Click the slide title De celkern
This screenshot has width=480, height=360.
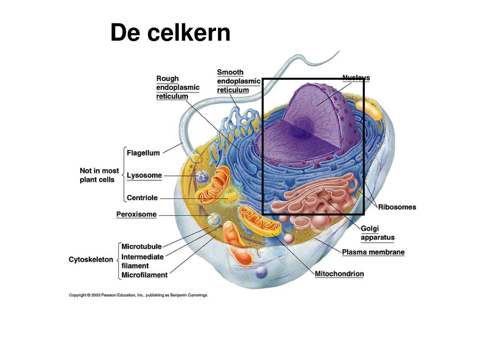tap(170, 33)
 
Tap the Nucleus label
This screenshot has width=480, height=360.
tap(356, 78)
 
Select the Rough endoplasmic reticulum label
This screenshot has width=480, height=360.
tap(178, 87)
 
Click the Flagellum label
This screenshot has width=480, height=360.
tap(143, 153)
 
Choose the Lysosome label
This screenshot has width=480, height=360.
tap(144, 175)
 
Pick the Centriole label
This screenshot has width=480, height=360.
tap(142, 198)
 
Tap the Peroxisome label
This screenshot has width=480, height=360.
tap(136, 214)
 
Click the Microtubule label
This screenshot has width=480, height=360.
tap(142, 247)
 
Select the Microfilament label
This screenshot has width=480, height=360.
tap(144, 275)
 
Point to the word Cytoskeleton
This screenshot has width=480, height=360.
tap(91, 260)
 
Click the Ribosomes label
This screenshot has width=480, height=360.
tap(397, 207)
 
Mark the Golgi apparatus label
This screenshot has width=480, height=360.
tap(377, 233)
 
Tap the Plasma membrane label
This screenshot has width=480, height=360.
tap(373, 252)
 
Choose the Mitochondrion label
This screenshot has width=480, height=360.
tap(339, 274)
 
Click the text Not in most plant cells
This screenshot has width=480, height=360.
tap(99, 175)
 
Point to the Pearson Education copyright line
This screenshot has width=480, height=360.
tap(138, 295)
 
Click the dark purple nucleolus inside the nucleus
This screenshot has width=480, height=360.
tap(298, 133)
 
